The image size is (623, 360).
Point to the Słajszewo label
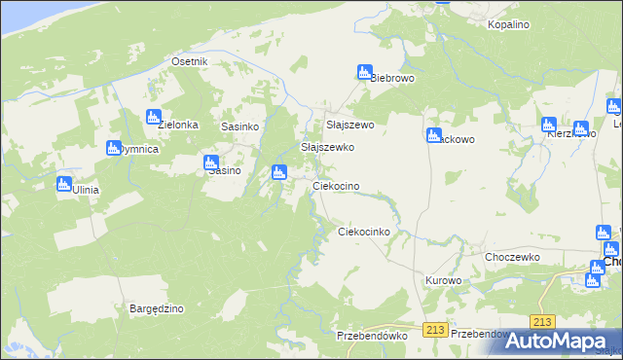click(x=349, y=126)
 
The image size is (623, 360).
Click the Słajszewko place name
click(x=327, y=147)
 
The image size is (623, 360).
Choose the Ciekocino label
click(x=337, y=186)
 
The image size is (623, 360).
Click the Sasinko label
click(x=239, y=126)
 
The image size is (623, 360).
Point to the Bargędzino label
click(x=157, y=308)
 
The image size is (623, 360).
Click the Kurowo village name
click(x=443, y=280)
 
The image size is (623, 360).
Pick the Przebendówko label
click(x=371, y=335)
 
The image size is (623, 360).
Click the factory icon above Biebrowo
click(x=365, y=72)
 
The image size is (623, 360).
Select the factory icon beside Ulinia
click(x=64, y=183)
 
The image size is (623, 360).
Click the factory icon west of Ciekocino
click(x=279, y=173)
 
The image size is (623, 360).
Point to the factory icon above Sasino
click(x=210, y=162)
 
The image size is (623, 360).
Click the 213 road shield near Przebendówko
click(x=435, y=330)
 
